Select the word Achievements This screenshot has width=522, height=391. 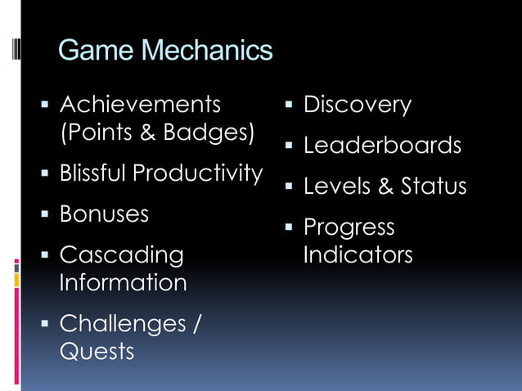point(140,105)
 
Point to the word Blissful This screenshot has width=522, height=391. point(92,173)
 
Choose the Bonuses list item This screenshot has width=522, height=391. point(104,214)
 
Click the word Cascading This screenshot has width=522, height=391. point(122,255)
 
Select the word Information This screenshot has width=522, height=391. point(123,283)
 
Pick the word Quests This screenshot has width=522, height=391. point(97,352)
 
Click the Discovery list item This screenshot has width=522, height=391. point(357,105)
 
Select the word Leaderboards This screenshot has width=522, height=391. point(382,146)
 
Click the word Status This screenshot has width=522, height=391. point(434,187)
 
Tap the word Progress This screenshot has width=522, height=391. point(349,227)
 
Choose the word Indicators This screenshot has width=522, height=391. point(358,255)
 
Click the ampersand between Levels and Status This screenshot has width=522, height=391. point(385,187)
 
